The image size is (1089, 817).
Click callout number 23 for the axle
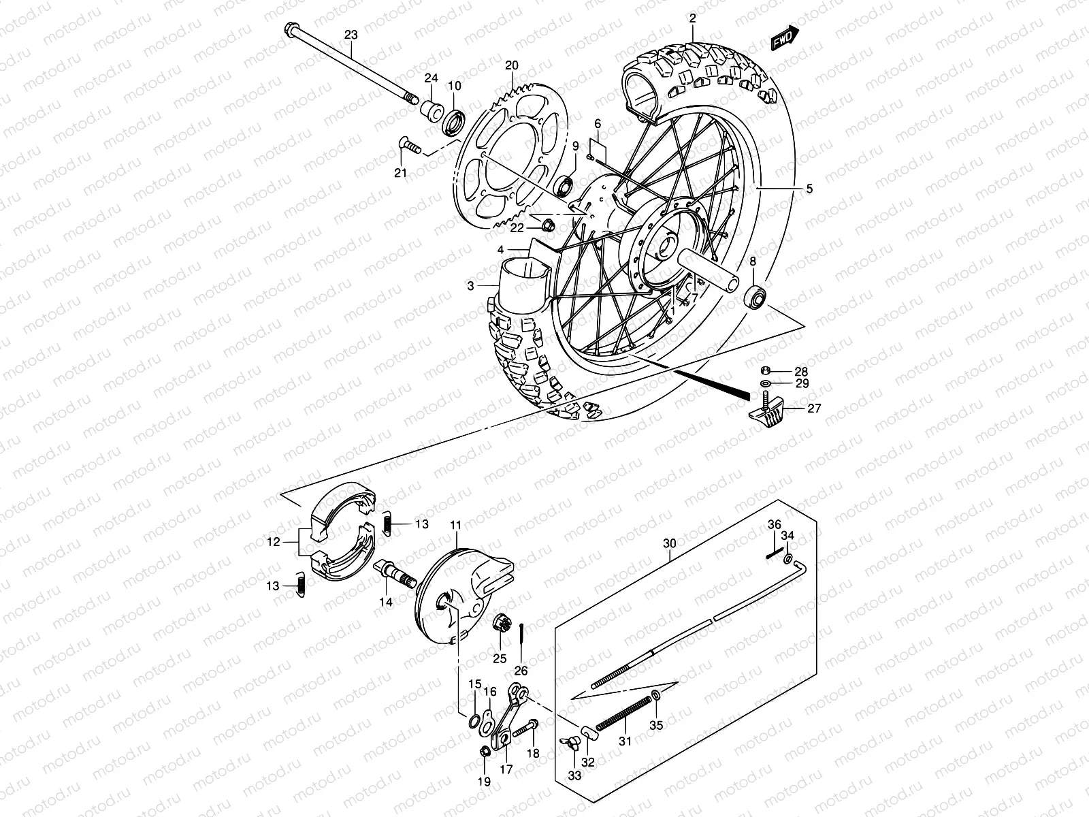[x=351, y=34]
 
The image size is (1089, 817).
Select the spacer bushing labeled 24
[x=430, y=108]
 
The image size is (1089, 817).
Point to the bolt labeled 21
[x=406, y=146]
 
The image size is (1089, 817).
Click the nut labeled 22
[x=551, y=227]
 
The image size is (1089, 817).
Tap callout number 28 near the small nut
[x=801, y=372]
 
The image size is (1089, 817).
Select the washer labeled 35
[x=656, y=695]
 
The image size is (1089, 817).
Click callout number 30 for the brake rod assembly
[x=670, y=543]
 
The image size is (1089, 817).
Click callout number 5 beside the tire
[x=809, y=189]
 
